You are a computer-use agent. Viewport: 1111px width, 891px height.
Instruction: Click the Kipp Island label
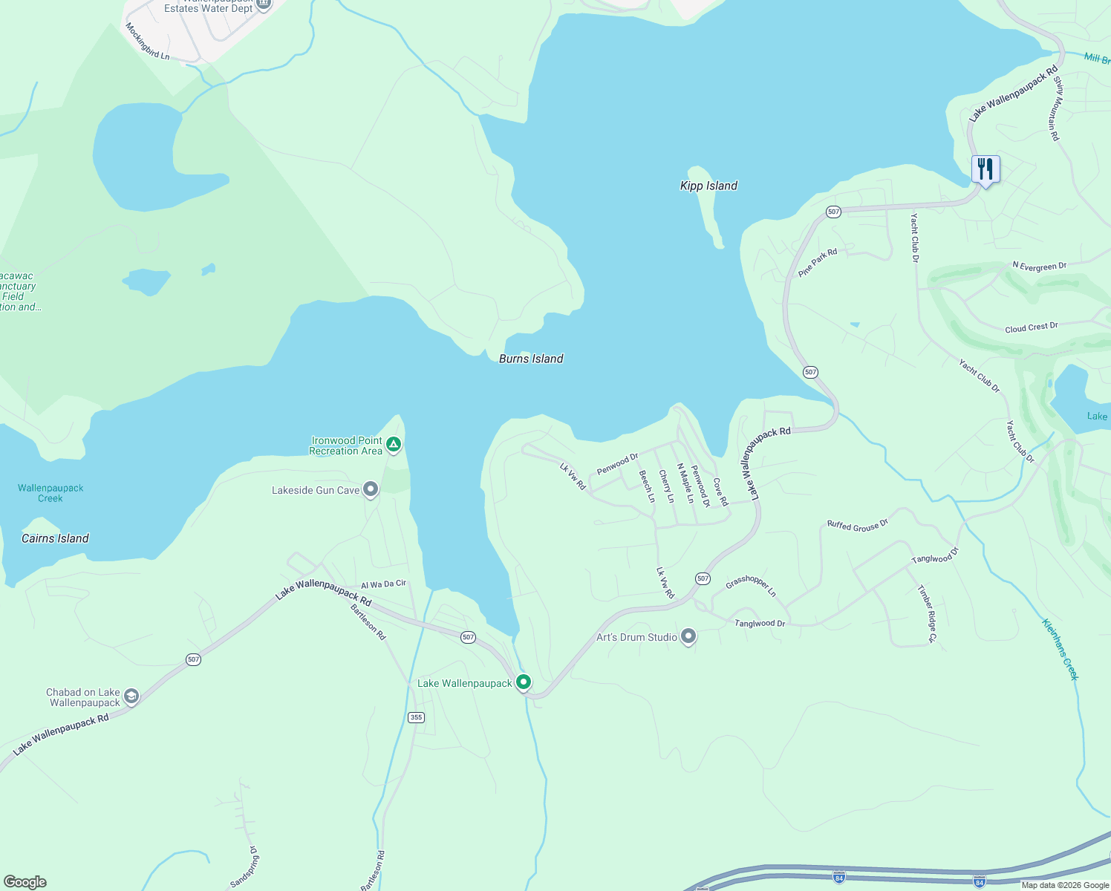tap(708, 186)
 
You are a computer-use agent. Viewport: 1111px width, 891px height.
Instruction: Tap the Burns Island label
tap(531, 359)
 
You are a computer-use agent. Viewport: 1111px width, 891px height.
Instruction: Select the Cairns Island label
tap(55, 538)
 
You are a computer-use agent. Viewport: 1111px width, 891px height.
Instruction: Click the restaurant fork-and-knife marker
tap(985, 170)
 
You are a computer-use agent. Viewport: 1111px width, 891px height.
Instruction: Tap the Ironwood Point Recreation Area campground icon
tap(394, 445)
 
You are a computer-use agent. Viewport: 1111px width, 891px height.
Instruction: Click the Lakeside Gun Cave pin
tap(371, 490)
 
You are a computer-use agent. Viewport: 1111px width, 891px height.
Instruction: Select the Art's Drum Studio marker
tap(688, 636)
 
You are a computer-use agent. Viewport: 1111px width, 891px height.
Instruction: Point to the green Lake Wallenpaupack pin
tap(524, 682)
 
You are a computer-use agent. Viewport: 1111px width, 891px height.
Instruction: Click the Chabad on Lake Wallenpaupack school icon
tap(131, 696)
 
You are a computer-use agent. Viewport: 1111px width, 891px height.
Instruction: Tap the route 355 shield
tap(416, 717)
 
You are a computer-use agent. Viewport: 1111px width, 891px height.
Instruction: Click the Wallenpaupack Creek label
tap(50, 493)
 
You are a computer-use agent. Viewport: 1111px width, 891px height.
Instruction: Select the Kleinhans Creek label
tap(1060, 649)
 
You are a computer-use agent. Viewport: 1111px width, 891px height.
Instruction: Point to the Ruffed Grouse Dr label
tap(857, 525)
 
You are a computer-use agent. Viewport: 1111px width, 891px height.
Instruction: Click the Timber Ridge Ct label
tap(928, 614)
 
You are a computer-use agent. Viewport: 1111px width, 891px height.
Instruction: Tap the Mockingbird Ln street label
tap(147, 42)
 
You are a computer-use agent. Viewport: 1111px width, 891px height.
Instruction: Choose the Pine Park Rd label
tap(818, 262)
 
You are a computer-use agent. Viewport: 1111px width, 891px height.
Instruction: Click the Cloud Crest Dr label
tap(1031, 327)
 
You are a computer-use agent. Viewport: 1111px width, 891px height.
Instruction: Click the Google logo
tap(25, 882)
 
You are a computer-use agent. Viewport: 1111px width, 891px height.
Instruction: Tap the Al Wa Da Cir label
tap(383, 584)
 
